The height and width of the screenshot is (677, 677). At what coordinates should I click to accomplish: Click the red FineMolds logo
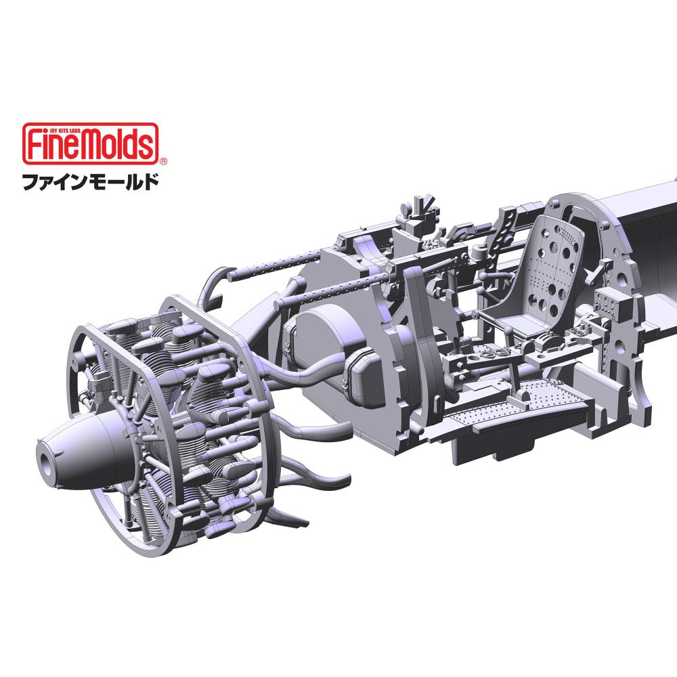pyautogui.click(x=90, y=144)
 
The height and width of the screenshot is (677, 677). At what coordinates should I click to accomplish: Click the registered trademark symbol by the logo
pyautogui.click(x=163, y=162)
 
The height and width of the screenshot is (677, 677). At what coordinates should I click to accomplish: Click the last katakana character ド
pyautogui.click(x=151, y=181)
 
